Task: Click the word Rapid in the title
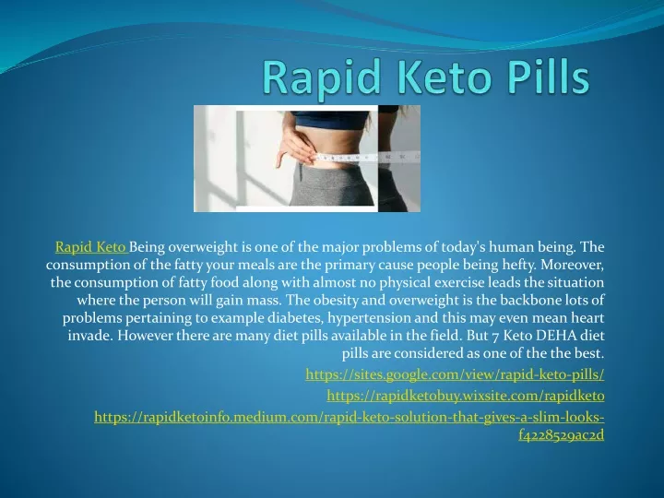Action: point(321,77)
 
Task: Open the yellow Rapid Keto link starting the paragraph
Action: point(91,247)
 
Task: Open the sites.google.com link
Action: point(455,374)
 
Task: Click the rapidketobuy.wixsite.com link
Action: point(466,396)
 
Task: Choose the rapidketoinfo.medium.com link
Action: point(349,417)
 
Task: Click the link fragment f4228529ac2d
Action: point(561,435)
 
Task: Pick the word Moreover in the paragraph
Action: point(572,265)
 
